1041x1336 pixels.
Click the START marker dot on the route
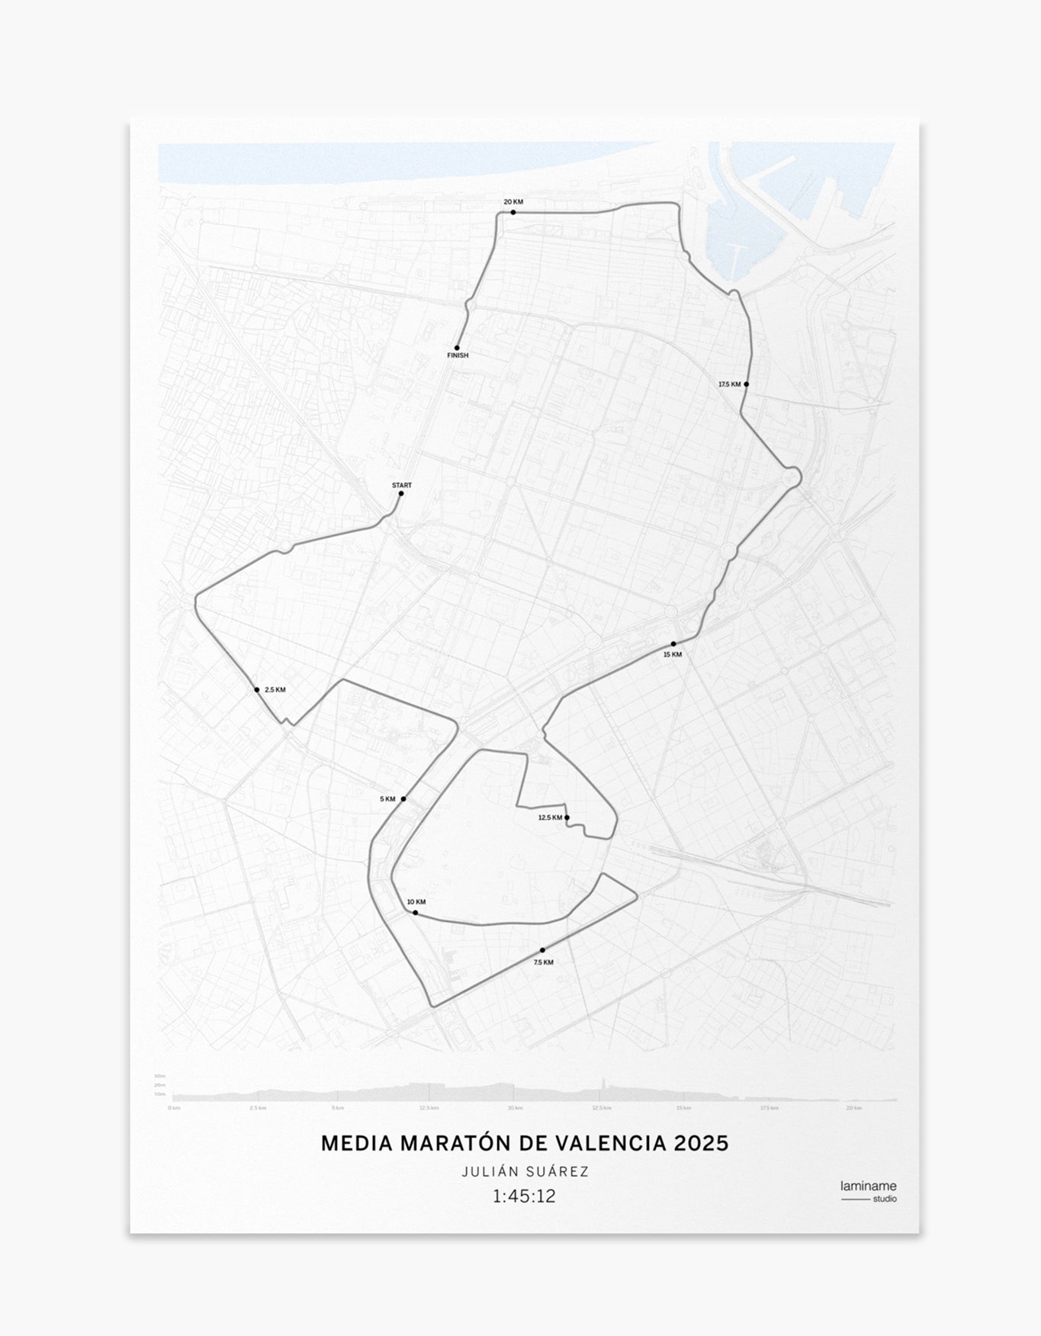click(x=401, y=493)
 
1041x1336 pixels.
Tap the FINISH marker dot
click(x=457, y=348)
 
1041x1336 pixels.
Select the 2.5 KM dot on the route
click(x=257, y=690)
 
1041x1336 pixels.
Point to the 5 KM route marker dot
click(x=403, y=799)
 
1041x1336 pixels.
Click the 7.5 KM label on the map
click(x=544, y=962)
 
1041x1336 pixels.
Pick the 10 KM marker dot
click(x=415, y=913)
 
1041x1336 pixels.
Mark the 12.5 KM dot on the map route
click(x=567, y=817)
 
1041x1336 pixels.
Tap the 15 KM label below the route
click(x=673, y=654)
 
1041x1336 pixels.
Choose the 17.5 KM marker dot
click(x=746, y=384)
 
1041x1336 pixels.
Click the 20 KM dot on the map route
click(x=513, y=212)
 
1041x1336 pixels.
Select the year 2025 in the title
click(x=702, y=1144)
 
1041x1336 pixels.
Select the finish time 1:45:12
click(x=524, y=1196)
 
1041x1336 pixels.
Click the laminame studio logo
click(x=868, y=1191)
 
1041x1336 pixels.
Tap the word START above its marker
click(x=401, y=485)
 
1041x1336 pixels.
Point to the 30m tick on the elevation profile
click(x=160, y=1076)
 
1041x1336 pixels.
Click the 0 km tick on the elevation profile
click(x=174, y=1108)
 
